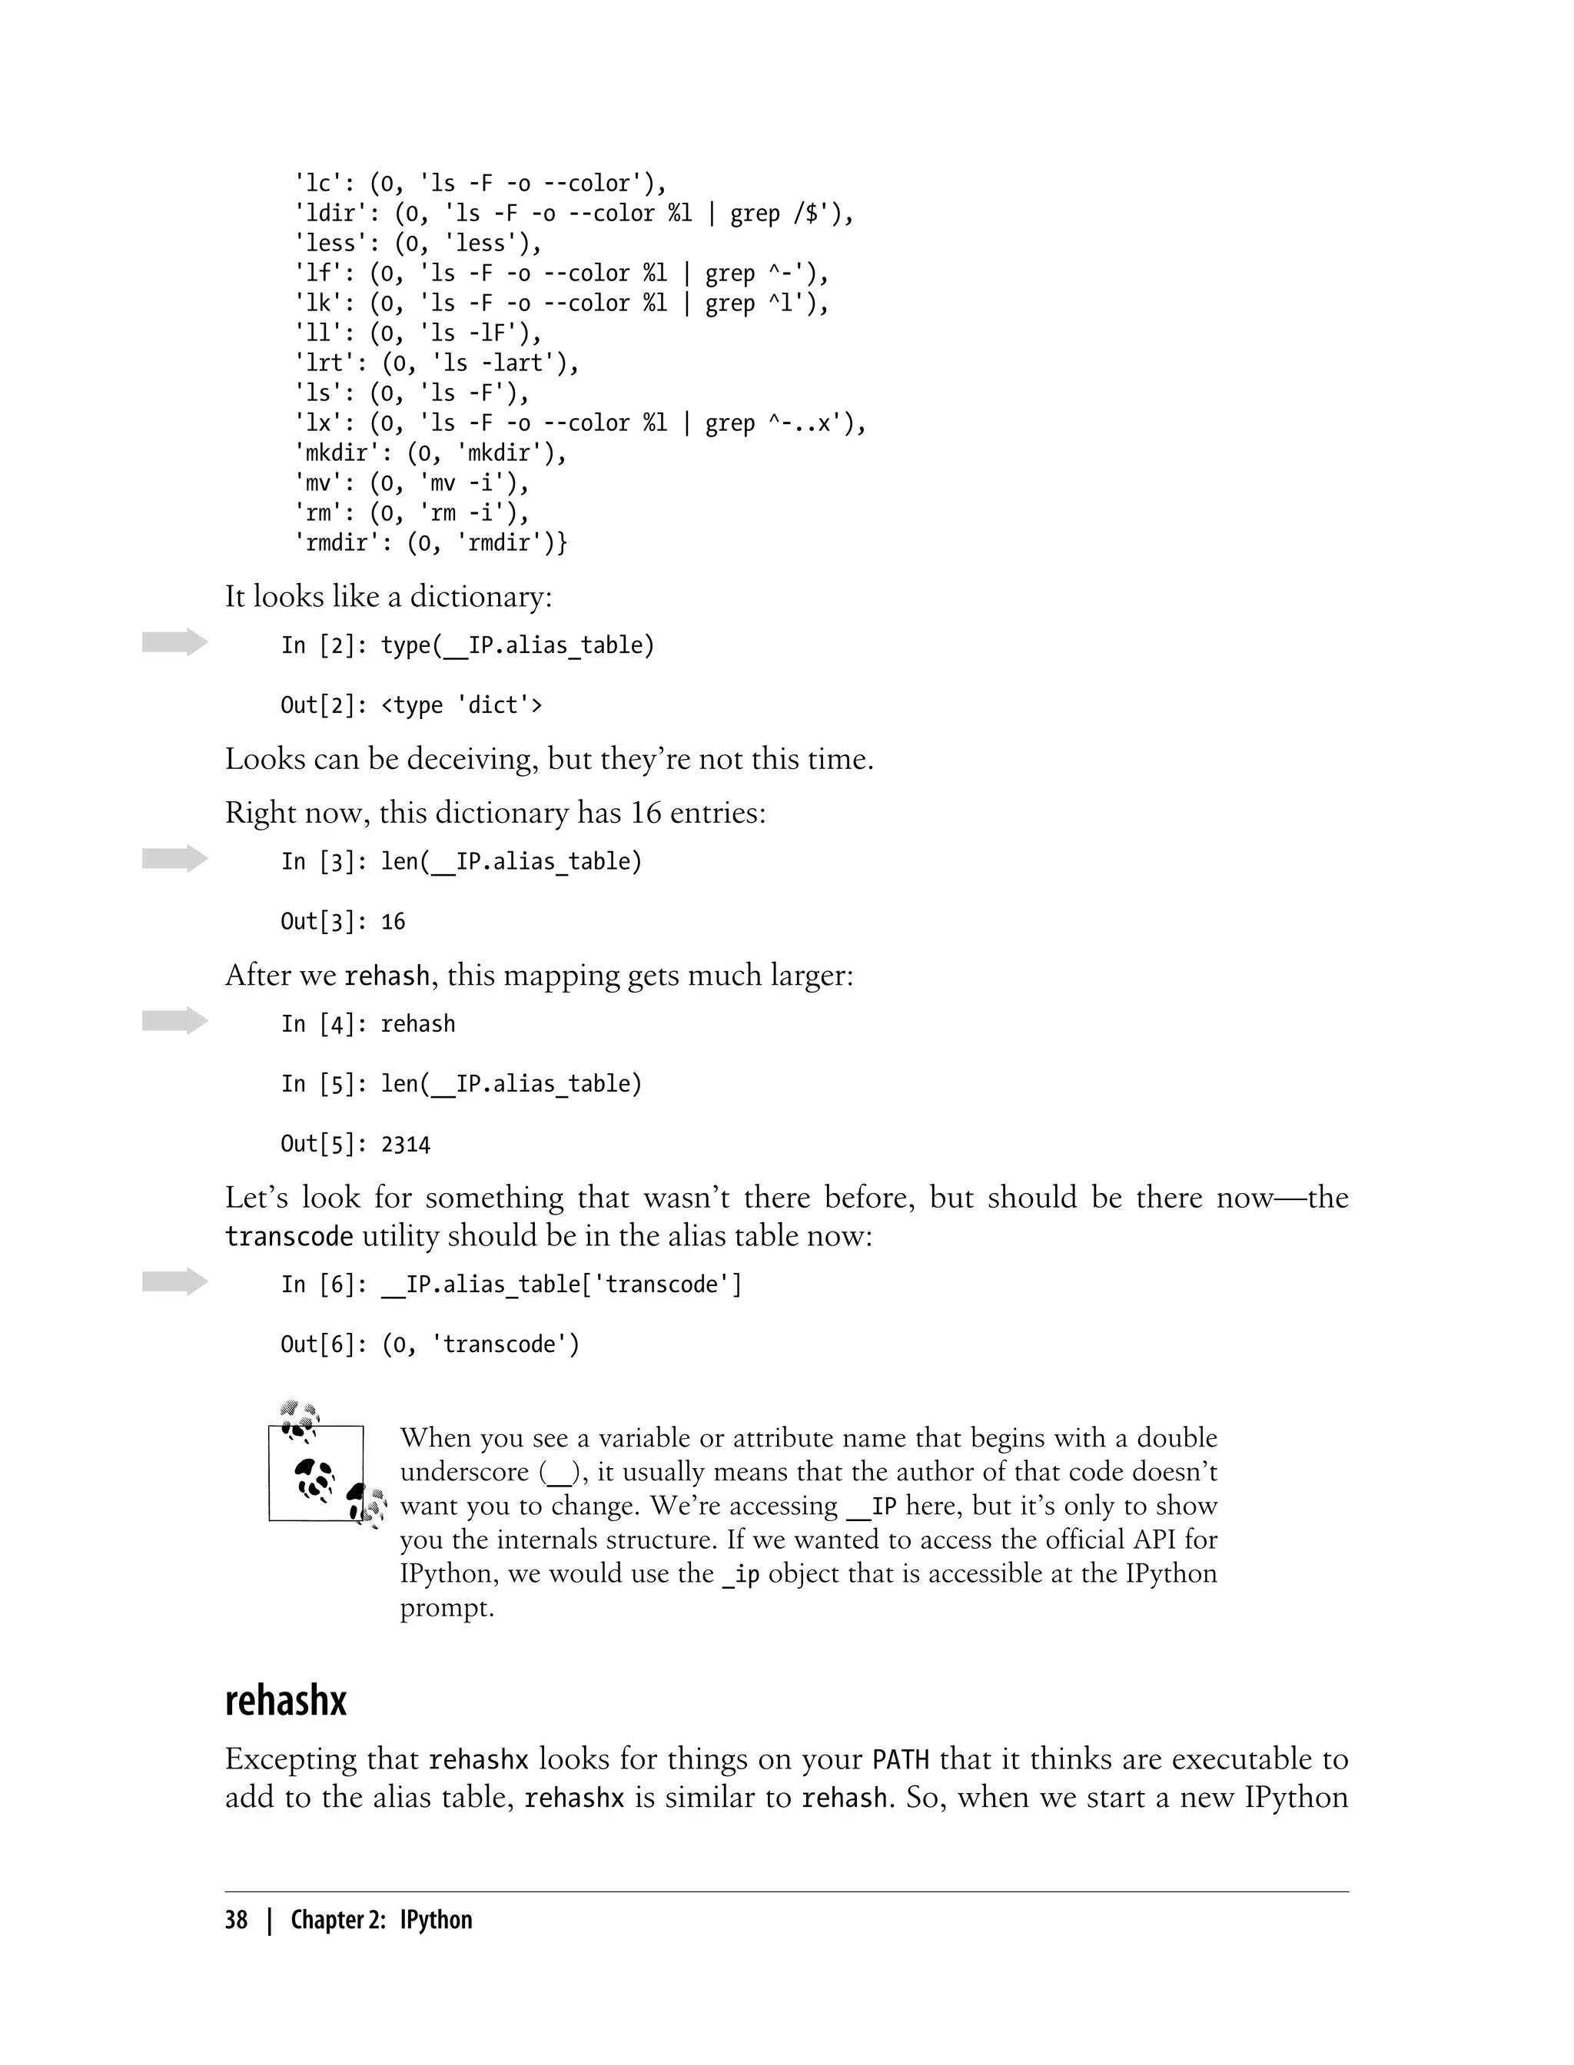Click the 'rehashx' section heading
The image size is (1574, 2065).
point(286,1700)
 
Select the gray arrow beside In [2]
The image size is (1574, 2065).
point(174,642)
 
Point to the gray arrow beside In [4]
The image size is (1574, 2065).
point(174,1021)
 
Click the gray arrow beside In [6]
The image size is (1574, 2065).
point(174,1281)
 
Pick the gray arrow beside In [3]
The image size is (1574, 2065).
point(174,859)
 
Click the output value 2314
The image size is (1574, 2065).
point(406,1145)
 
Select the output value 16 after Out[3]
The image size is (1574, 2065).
point(393,923)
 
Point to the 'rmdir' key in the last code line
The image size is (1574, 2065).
point(337,543)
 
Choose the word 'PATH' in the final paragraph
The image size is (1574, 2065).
point(901,1760)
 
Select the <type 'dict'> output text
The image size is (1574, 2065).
point(462,705)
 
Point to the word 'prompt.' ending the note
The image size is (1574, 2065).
point(447,1608)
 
